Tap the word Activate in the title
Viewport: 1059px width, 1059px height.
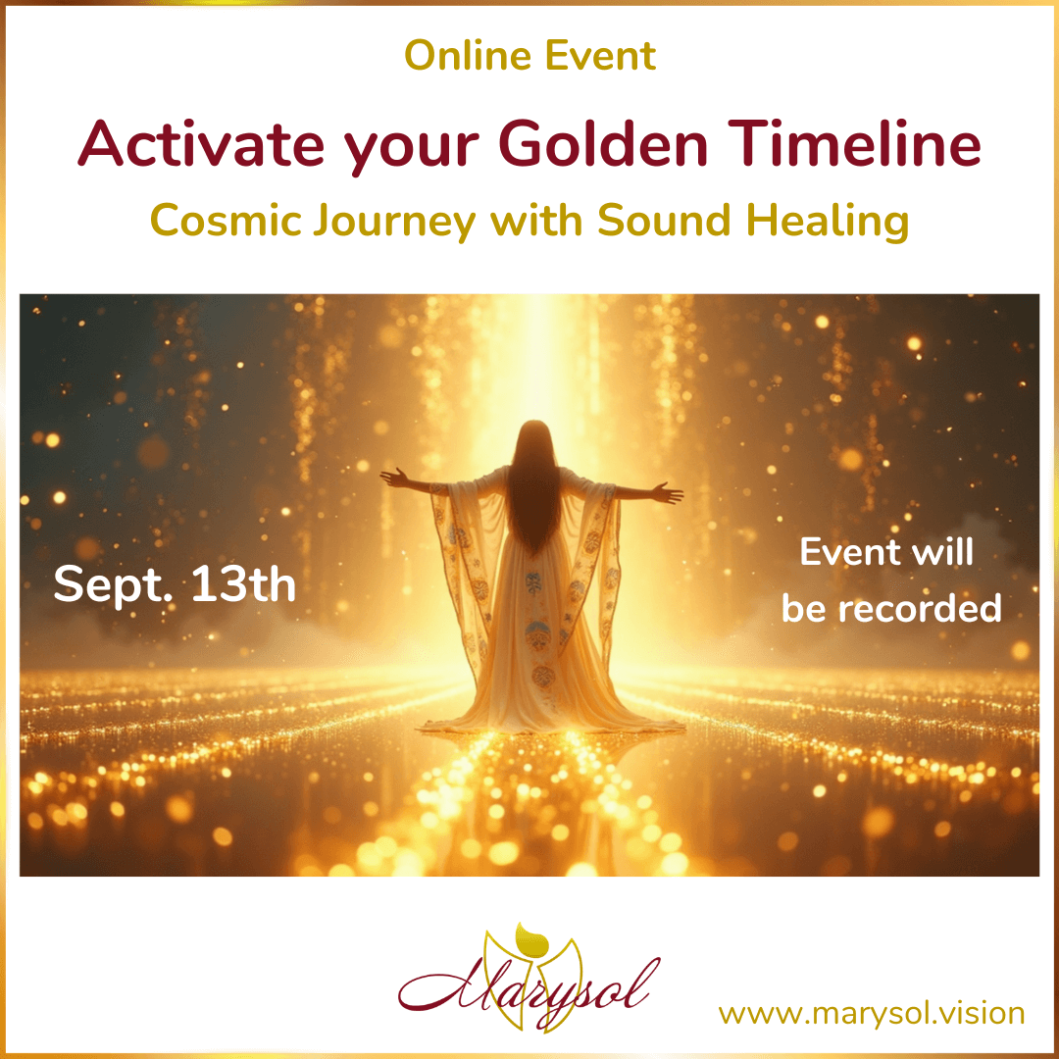[x=201, y=143]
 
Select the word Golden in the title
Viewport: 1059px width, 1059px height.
[x=604, y=143]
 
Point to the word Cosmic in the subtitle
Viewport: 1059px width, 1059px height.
[x=226, y=221]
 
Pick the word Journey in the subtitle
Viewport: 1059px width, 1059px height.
[x=394, y=224]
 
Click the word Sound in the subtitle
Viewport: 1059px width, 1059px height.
[x=664, y=221]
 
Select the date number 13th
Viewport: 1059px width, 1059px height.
[x=244, y=583]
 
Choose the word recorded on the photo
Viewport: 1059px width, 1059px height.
[x=920, y=609]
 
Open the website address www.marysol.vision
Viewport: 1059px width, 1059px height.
[x=872, y=1014]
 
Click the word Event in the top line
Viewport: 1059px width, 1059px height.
[x=600, y=55]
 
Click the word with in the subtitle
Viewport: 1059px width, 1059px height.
[x=536, y=221]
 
